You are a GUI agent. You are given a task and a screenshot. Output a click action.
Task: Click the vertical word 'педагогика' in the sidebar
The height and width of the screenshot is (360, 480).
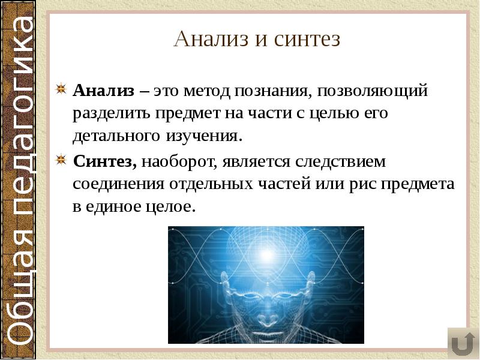pyautogui.click(x=23, y=120)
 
